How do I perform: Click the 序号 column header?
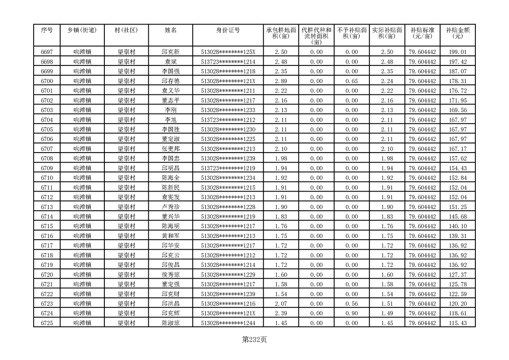point(47,30)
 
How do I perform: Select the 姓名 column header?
point(171,30)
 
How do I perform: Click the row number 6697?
point(47,52)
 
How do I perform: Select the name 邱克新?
point(171,52)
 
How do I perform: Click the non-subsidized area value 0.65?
point(352,81)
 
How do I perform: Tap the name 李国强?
point(171,72)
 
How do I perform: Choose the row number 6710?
point(47,178)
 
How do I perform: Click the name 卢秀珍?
point(171,207)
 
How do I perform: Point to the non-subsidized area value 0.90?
point(352,313)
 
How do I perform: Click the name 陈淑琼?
point(171,323)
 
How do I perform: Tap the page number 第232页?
point(254,340)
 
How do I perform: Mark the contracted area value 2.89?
point(281,81)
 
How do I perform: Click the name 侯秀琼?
point(171,275)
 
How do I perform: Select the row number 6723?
point(47,304)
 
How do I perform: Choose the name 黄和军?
point(171,236)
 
